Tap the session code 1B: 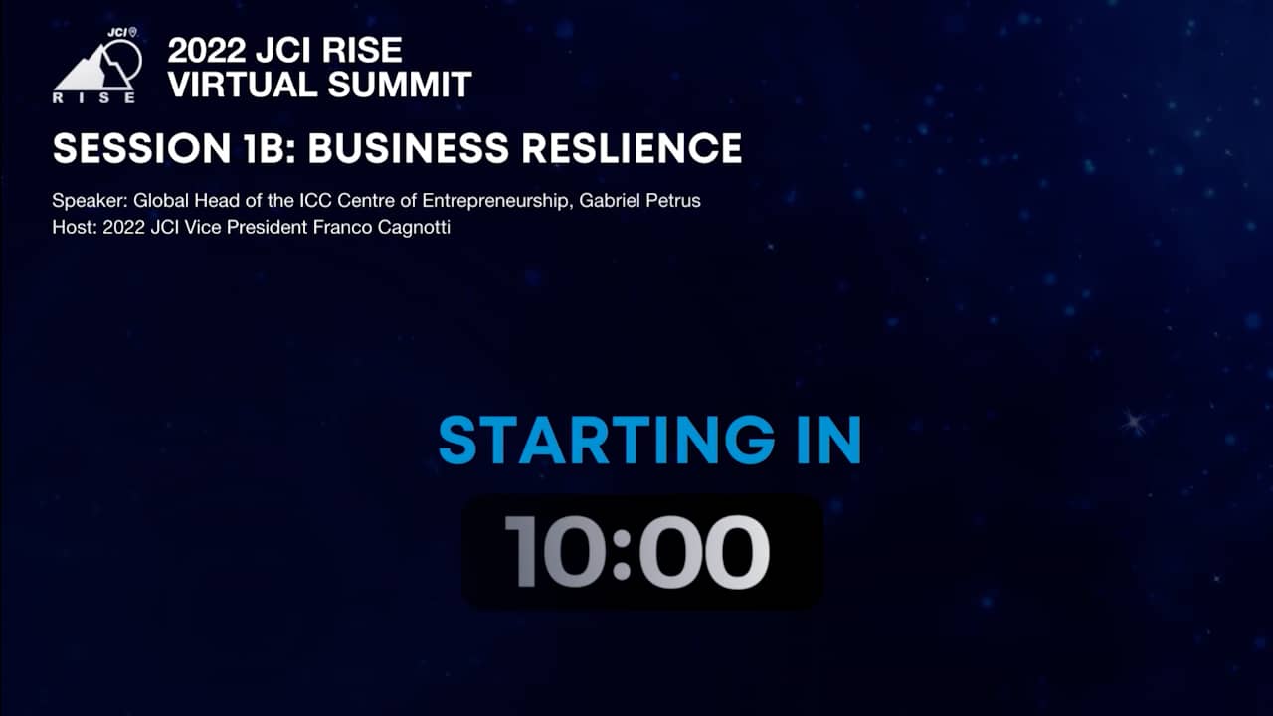pos(267,149)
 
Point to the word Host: pos(73,228)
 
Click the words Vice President pos(262,228)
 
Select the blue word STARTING pos(596,441)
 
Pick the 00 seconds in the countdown pos(702,552)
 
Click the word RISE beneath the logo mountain pos(94,97)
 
